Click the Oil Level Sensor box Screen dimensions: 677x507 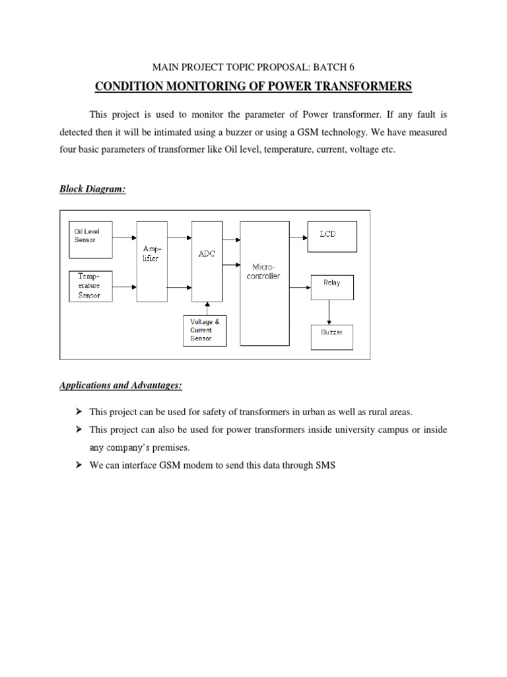pyautogui.click(x=91, y=235)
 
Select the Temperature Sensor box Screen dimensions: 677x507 pyautogui.click(x=91, y=286)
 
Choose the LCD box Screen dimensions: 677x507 pyautogui.click(x=331, y=236)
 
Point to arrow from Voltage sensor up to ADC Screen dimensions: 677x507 pyautogui.click(x=207, y=308)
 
